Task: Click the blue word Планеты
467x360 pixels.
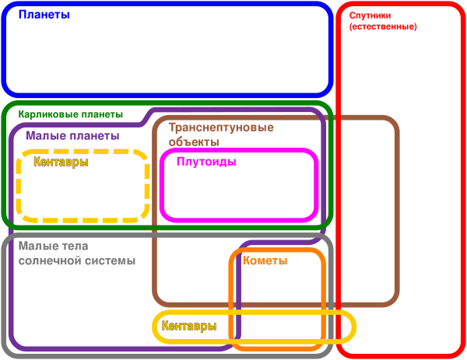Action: (44, 16)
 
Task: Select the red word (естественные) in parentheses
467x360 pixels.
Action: (383, 26)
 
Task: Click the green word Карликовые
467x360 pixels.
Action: (45, 114)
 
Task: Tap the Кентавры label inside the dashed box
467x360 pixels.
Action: (61, 163)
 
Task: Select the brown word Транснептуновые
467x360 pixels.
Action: (221, 128)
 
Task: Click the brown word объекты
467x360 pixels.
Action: (194, 142)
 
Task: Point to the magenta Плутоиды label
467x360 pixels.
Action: (206, 163)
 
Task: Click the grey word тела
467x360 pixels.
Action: (75, 246)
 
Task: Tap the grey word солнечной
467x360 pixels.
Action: (49, 261)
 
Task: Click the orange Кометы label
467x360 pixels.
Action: (265, 261)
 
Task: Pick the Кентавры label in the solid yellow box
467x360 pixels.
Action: (189, 327)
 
